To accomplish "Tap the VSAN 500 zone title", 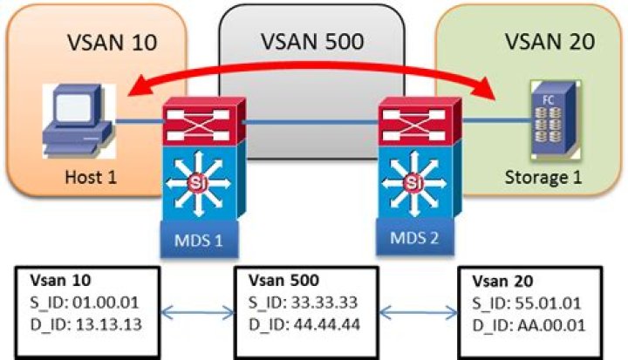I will tap(312, 42).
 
